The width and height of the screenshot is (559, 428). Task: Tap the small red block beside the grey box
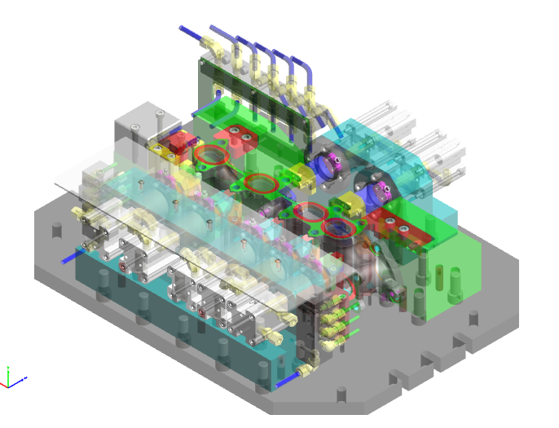(173, 148)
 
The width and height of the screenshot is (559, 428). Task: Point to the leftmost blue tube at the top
(191, 33)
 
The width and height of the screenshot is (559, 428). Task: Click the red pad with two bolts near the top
(241, 136)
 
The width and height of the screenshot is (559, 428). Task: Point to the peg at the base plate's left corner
(57, 230)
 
